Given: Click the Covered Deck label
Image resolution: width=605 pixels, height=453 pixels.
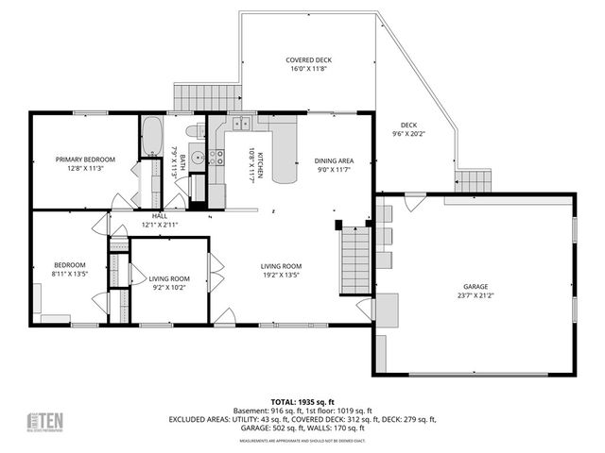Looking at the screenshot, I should [x=309, y=60].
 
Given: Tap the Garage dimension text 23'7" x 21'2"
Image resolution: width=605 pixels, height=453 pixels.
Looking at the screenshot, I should [x=475, y=294].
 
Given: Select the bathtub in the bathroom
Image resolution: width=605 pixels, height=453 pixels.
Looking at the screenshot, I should [x=151, y=137].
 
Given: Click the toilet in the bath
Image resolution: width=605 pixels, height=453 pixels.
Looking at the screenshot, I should [x=194, y=131].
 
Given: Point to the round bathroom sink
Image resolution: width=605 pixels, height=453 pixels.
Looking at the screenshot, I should [x=198, y=159].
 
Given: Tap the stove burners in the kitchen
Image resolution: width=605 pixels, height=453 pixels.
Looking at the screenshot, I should [x=216, y=157].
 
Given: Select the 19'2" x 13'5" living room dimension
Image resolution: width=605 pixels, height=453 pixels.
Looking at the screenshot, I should [x=281, y=277].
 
